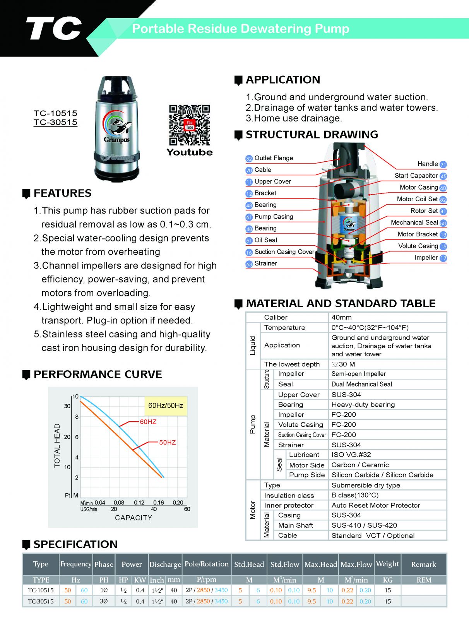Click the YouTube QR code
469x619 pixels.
(x=189, y=125)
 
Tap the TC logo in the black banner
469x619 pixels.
(x=54, y=29)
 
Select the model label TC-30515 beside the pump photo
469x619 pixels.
(x=55, y=122)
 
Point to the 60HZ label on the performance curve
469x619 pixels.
(x=148, y=422)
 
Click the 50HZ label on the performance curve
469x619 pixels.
(x=168, y=442)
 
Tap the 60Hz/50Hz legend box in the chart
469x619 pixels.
(x=166, y=405)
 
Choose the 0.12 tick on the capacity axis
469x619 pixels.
(x=139, y=503)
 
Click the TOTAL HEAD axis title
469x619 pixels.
(x=57, y=445)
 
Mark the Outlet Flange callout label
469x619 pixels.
(x=274, y=158)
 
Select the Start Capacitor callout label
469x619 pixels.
(x=416, y=176)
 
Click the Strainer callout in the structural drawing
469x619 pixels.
(x=265, y=263)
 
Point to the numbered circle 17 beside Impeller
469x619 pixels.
(x=443, y=258)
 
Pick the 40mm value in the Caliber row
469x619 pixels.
(x=342, y=317)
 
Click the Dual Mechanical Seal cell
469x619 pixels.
(x=361, y=384)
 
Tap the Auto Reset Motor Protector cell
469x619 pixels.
(x=375, y=505)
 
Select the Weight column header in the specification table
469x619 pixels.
(x=387, y=564)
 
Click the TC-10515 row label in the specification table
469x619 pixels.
(x=41, y=590)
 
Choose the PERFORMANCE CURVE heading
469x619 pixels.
(x=98, y=374)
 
